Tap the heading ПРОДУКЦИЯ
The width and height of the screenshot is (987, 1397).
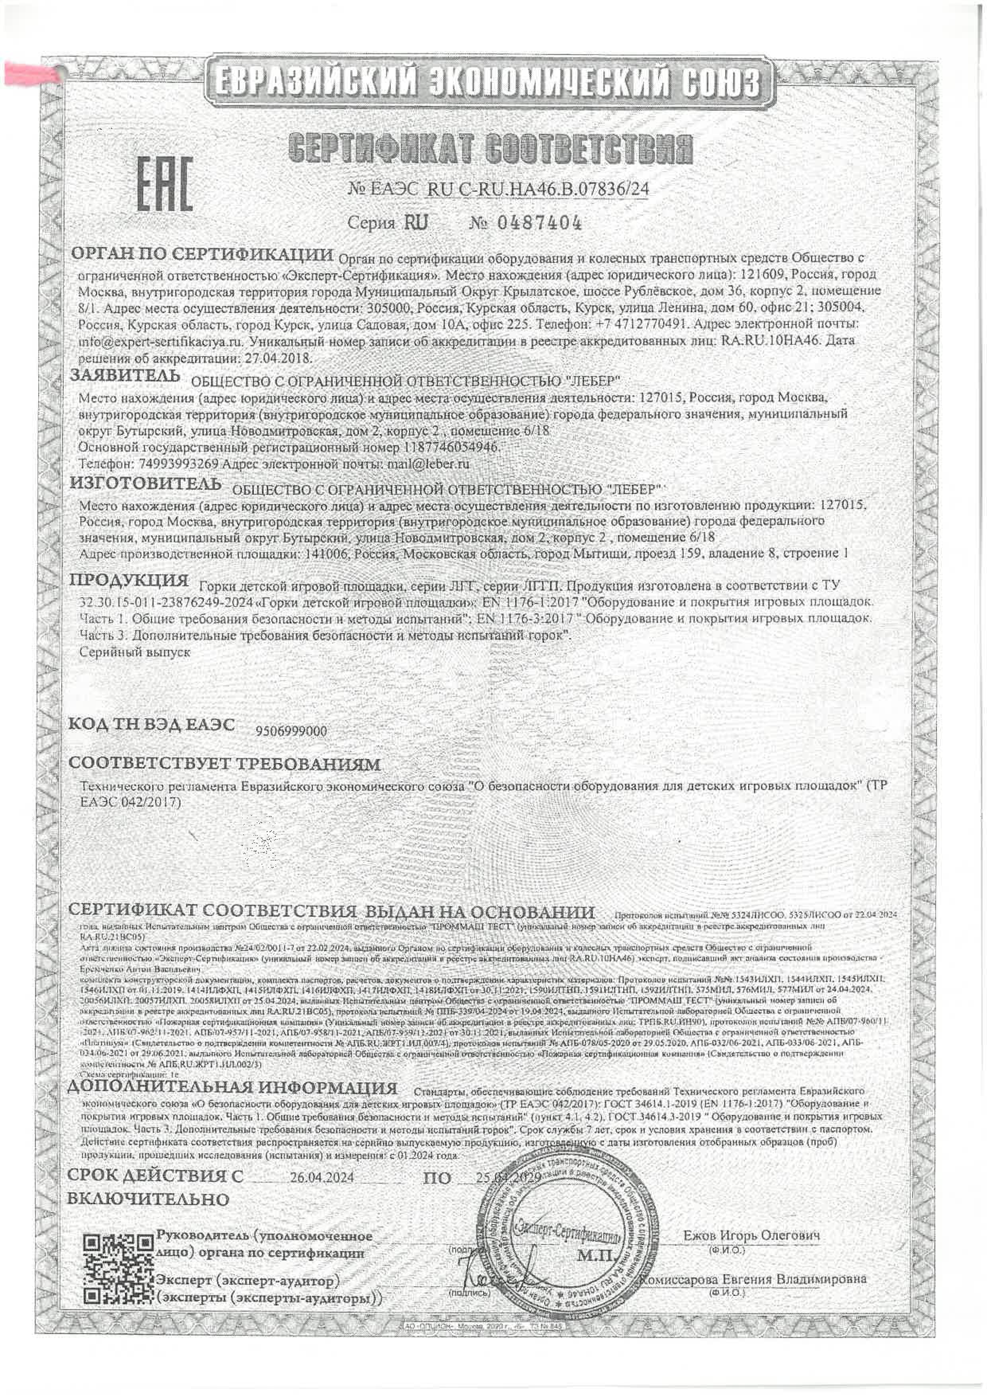(129, 579)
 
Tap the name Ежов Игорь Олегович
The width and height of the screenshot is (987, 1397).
(752, 1235)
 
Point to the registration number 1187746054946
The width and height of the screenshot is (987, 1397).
(451, 447)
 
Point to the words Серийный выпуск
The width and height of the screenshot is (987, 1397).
(135, 652)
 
